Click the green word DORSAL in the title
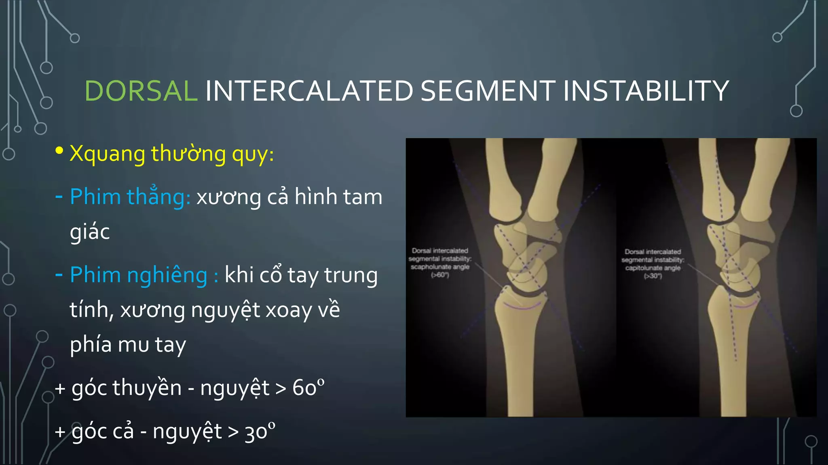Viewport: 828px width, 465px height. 141,91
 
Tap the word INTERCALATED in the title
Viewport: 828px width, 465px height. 309,91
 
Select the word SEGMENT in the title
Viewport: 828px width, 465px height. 488,91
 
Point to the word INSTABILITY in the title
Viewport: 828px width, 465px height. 646,91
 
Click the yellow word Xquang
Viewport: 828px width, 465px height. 107,154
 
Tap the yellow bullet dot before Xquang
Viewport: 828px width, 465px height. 59,151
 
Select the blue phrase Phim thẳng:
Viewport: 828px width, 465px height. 130,197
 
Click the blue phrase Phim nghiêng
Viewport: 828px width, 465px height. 138,275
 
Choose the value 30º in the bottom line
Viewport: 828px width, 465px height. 260,431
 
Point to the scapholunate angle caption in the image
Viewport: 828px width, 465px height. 440,267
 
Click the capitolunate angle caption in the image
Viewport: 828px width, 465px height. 653,268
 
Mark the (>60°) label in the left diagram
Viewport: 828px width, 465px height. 440,275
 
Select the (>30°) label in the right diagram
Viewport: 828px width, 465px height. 653,276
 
